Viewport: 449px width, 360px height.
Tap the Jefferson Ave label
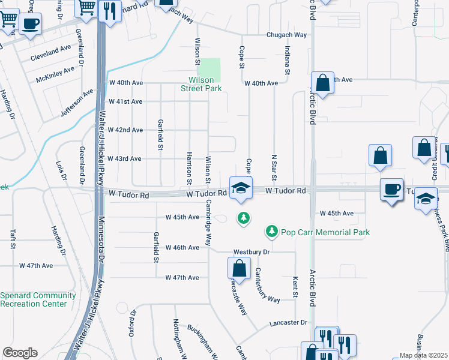[x=77, y=103]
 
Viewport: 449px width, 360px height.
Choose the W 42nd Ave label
[x=125, y=130]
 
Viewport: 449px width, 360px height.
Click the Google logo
[x=20, y=353]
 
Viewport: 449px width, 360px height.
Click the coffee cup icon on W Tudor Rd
[x=391, y=190]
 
